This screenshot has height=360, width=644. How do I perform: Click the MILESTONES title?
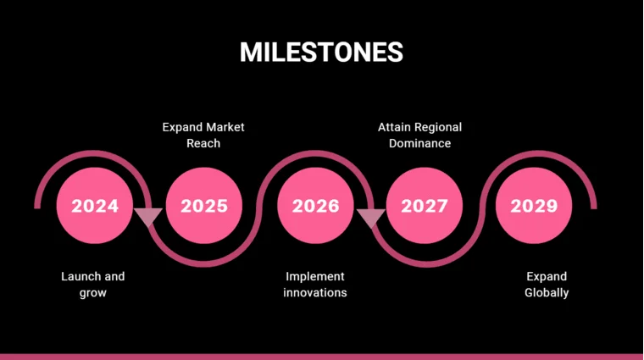321,52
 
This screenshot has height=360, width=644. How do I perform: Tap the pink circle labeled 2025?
203,206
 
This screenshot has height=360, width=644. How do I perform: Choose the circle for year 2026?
314,206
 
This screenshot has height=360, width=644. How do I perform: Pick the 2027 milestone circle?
424,206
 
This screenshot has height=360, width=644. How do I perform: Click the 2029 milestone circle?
534,206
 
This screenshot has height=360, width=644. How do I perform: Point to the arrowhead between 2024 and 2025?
149,217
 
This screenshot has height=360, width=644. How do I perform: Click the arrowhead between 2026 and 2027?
369,218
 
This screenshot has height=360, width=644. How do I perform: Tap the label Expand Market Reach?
203,135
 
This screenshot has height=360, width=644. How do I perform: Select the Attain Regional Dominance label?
419,135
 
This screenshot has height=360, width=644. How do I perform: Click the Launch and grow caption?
93,284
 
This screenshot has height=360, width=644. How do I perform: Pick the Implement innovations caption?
314,284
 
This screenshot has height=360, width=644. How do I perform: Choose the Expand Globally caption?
547,284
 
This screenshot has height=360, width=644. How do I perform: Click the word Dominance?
419,143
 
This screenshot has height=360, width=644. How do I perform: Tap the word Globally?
547,292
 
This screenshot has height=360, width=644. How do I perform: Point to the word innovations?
314,292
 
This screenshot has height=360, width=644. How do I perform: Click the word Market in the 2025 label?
225,127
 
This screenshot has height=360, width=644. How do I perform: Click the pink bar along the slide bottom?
322,356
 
